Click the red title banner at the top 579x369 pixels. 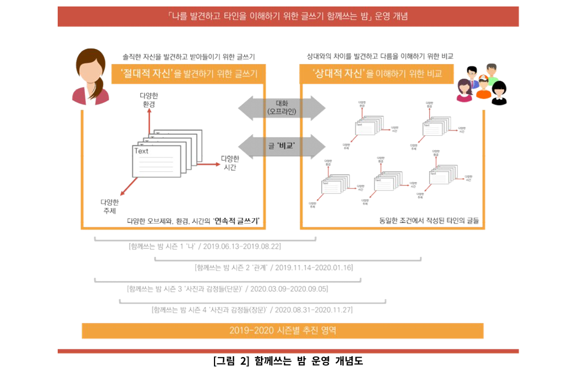(288, 16)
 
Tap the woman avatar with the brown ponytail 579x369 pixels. (91, 76)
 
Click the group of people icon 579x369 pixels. (482, 84)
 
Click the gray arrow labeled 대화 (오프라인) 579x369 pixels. (282, 107)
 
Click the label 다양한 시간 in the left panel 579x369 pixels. (230, 163)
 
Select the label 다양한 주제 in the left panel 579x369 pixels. (109, 206)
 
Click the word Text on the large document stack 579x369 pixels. (142, 151)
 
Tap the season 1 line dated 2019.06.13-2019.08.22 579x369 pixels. (205, 246)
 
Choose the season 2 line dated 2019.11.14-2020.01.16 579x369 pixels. (274, 267)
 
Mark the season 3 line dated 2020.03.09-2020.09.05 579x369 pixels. (227, 289)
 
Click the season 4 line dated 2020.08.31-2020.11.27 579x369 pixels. (252, 310)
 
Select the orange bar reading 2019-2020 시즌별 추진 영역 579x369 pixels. (282, 330)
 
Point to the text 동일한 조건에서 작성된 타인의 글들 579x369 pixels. (429, 221)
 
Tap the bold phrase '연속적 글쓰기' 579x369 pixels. (236, 221)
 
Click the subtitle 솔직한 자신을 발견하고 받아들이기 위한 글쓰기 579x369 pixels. (189, 56)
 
